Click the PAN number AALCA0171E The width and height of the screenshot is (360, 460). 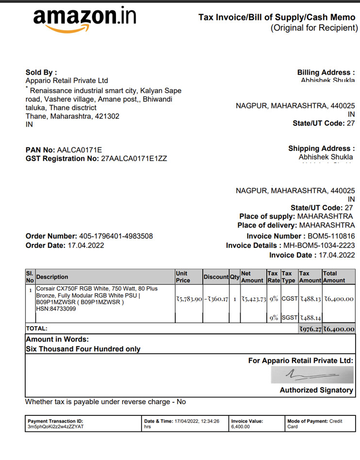[80, 149]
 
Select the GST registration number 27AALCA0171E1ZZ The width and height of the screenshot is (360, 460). [133, 158]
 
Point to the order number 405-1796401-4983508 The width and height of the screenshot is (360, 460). [115, 236]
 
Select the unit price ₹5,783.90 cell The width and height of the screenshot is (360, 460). [188, 299]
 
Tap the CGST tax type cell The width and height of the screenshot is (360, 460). [289, 299]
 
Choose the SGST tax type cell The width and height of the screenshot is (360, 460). [289, 318]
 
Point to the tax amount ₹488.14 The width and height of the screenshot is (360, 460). [310, 318]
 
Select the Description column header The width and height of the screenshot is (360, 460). [52, 277]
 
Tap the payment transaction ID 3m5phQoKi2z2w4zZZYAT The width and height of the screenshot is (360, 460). [56, 427]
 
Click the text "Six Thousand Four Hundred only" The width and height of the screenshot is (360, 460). [83, 349]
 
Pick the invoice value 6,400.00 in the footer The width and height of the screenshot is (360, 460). [241, 427]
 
